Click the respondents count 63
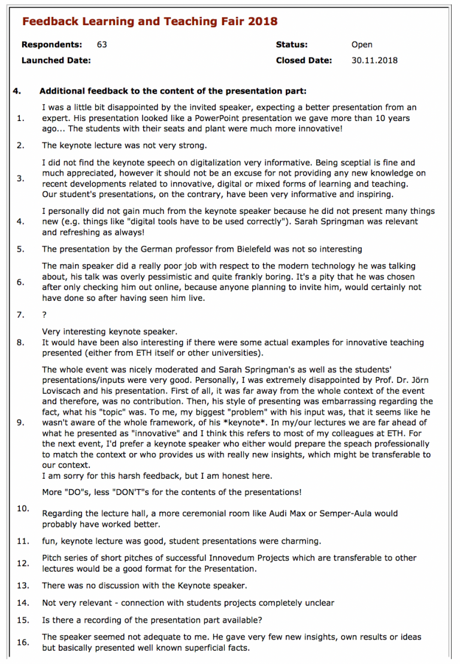click(x=102, y=44)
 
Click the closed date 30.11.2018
click(x=374, y=60)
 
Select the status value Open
click(x=362, y=44)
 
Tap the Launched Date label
click(x=56, y=60)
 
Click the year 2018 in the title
click(x=261, y=22)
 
